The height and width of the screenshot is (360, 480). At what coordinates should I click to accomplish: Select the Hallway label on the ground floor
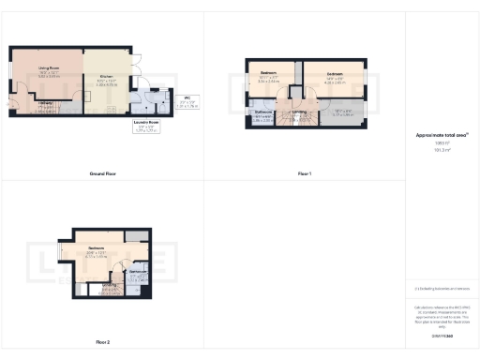click(x=44, y=104)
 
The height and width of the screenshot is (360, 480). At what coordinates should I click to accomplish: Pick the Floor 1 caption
click(x=304, y=174)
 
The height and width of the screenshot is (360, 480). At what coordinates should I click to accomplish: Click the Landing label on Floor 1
click(x=299, y=114)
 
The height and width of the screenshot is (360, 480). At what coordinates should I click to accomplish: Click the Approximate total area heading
click(x=441, y=135)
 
